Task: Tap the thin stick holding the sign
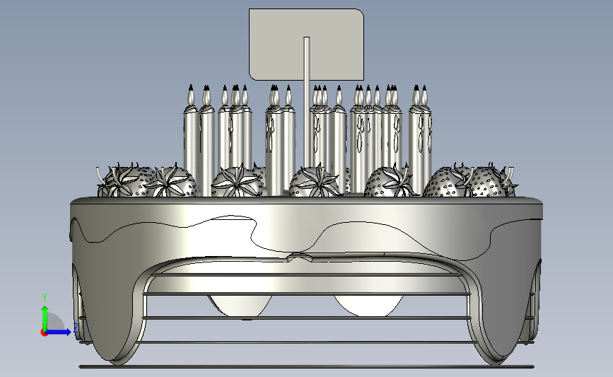click(307, 102)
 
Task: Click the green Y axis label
click(45, 298)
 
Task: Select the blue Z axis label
click(76, 327)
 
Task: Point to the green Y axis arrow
click(45, 318)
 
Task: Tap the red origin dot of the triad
click(44, 333)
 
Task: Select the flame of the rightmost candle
click(425, 95)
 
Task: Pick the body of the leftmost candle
click(190, 145)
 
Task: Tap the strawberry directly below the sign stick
click(315, 182)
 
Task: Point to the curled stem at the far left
click(100, 175)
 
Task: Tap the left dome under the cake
click(240, 306)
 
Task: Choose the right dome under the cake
click(368, 306)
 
